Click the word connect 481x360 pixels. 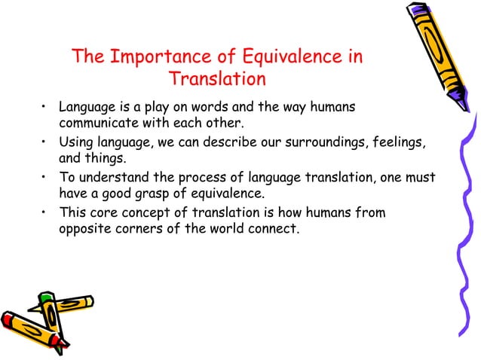coord(271,228)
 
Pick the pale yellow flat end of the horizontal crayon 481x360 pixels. coord(90,301)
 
